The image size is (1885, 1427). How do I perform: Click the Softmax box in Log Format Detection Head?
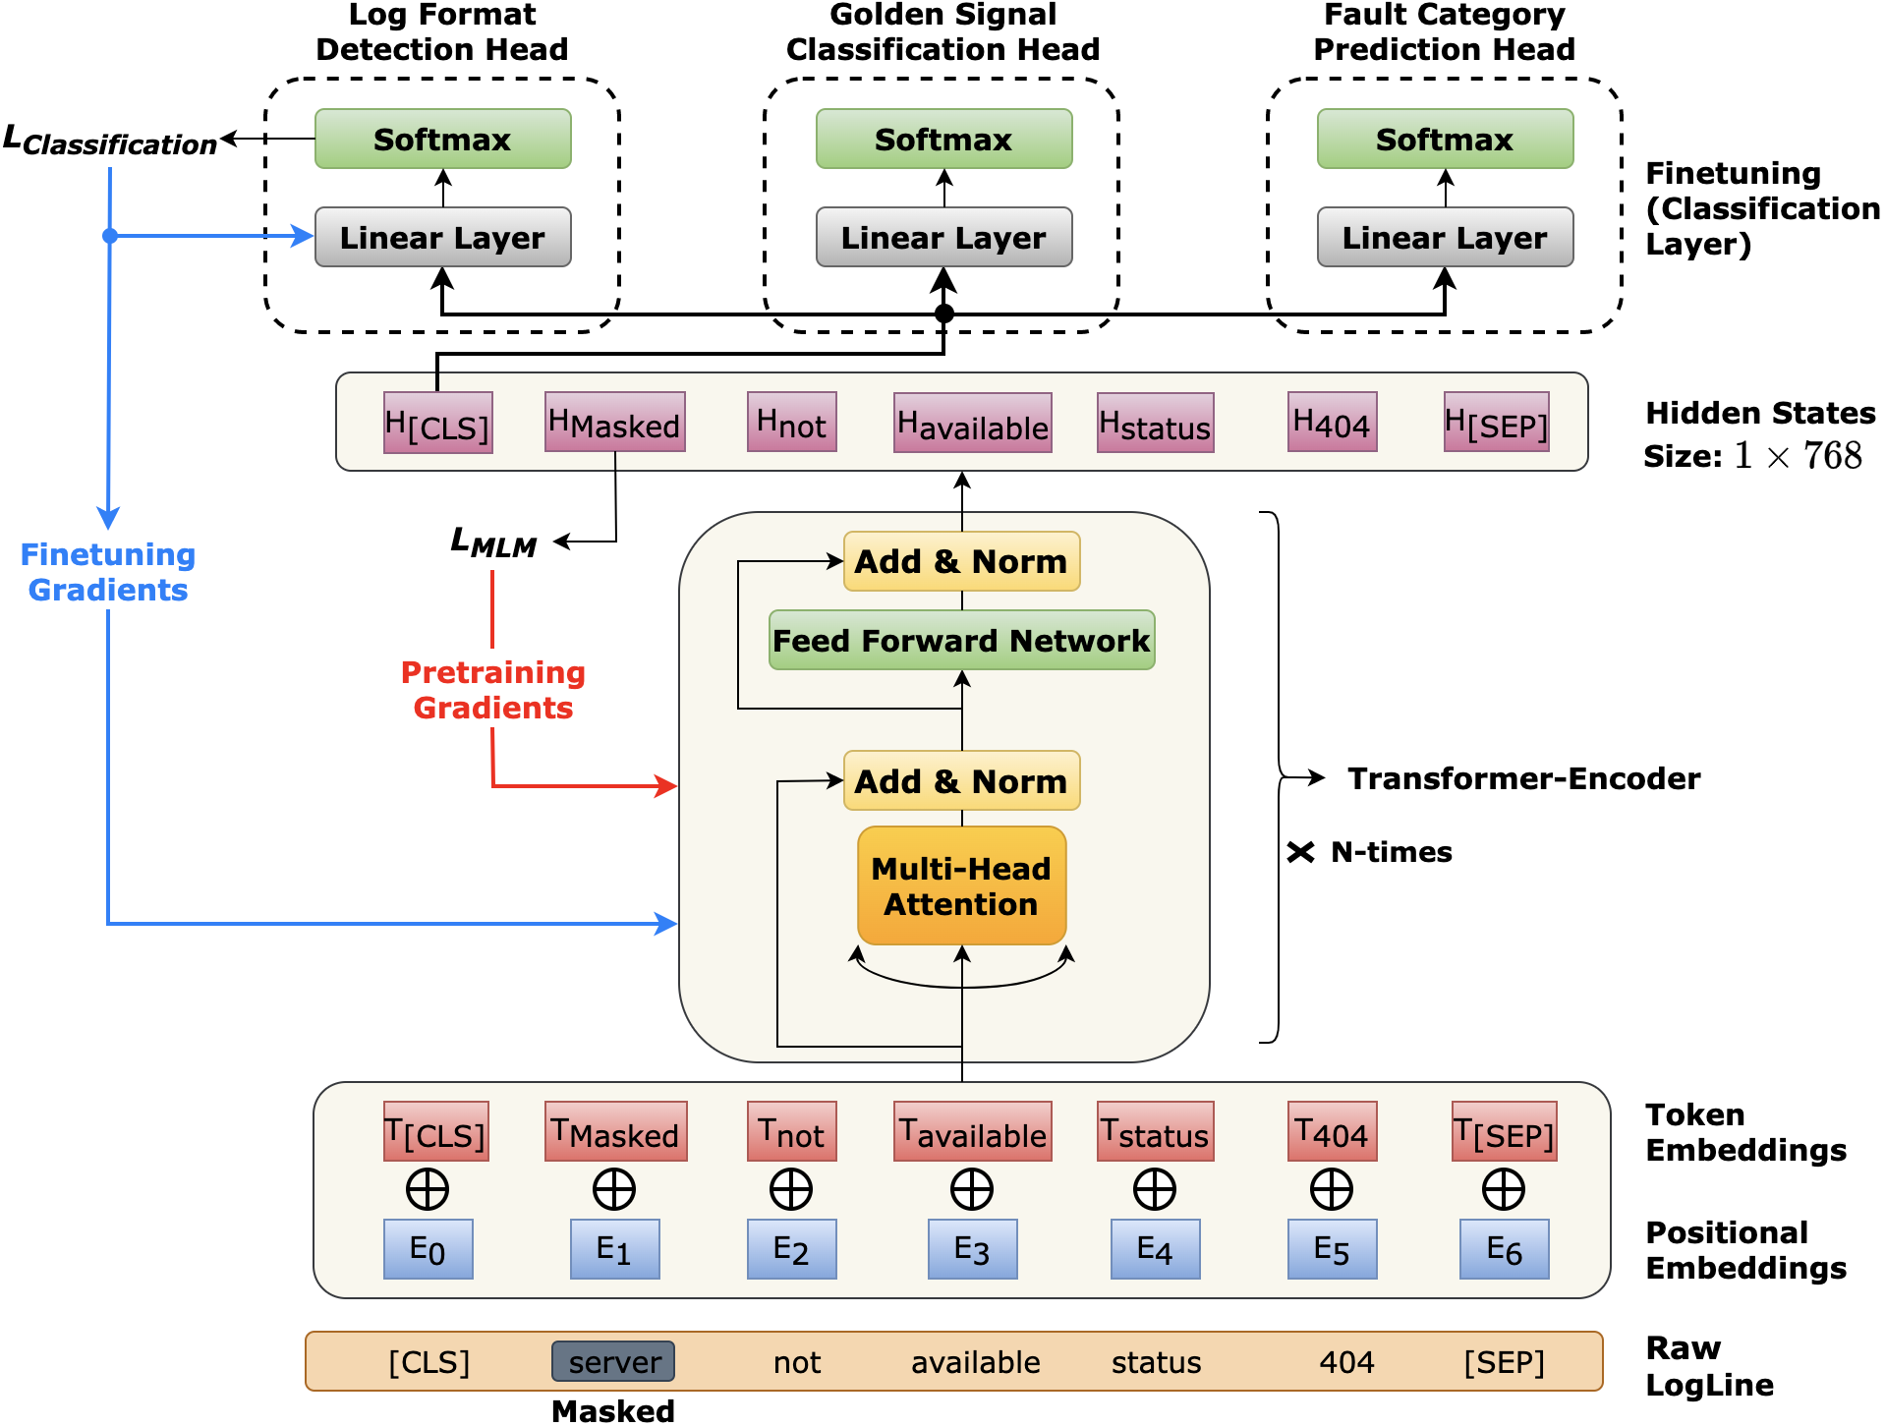tap(442, 139)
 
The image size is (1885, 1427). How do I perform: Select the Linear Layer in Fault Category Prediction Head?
tap(1444, 237)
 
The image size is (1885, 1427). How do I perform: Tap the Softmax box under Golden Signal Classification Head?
tap(943, 139)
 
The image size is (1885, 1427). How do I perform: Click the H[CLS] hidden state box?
tap(437, 424)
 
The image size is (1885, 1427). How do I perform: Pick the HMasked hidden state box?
tap(614, 423)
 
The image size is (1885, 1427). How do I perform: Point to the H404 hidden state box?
tap(1332, 423)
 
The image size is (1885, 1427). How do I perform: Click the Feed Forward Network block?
tap(961, 640)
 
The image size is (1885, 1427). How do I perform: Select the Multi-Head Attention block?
tap(961, 885)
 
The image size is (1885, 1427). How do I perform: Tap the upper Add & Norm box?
tap(961, 561)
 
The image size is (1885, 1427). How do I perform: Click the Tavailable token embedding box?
tap(972, 1132)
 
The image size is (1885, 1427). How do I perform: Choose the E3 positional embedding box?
tap(972, 1249)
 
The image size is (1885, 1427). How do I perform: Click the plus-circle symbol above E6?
tap(1503, 1189)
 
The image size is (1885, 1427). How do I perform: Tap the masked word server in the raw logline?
tap(613, 1361)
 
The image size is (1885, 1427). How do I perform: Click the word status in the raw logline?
tap(1156, 1362)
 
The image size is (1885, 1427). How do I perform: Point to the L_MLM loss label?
tap(493, 542)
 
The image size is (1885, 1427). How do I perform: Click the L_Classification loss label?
tap(110, 141)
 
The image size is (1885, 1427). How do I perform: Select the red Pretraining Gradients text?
tap(492, 690)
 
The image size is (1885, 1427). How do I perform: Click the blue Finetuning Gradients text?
tap(108, 572)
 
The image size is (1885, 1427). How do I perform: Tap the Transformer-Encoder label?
tap(1522, 778)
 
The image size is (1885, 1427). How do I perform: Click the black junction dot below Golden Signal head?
tap(943, 314)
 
